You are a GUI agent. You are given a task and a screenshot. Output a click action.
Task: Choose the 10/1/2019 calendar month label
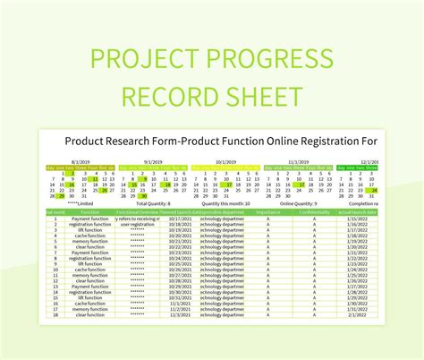coord(225,163)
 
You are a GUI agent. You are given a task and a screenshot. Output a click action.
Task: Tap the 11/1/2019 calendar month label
coord(299,163)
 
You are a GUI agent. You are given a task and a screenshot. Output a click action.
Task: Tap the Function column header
coord(89,211)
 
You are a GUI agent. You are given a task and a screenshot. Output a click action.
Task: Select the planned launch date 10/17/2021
coord(180,219)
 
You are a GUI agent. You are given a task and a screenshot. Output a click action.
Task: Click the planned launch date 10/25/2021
coord(180,263)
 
